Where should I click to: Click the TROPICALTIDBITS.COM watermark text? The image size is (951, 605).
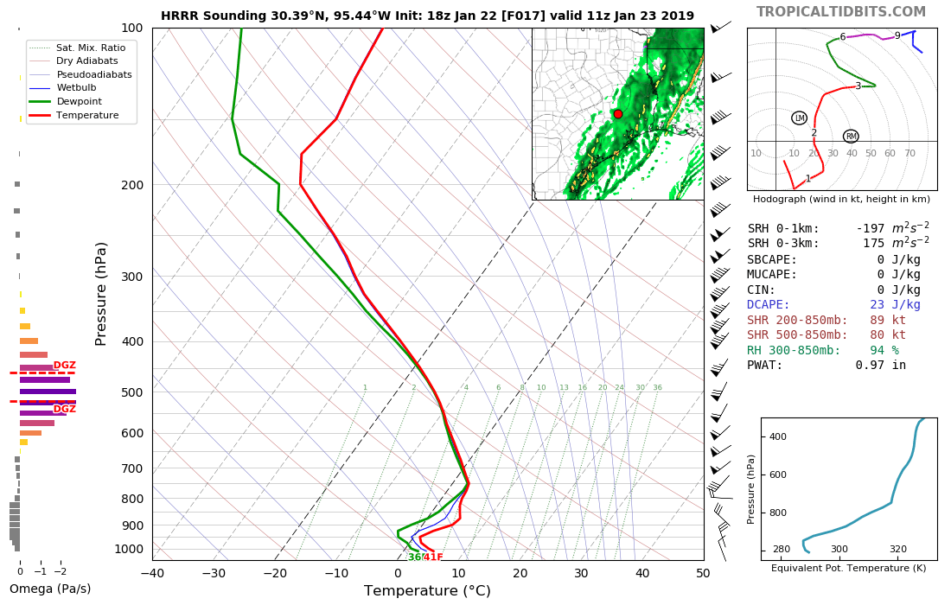click(x=840, y=11)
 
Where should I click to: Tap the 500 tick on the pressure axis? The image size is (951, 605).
click(x=131, y=392)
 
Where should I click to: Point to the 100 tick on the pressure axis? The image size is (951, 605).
click(x=131, y=29)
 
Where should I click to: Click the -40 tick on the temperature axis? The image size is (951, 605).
click(x=152, y=573)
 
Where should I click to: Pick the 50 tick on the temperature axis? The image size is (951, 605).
click(x=703, y=573)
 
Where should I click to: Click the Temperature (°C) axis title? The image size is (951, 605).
click(x=427, y=591)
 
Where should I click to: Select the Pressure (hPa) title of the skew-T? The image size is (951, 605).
click(x=102, y=294)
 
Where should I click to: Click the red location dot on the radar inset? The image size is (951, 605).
click(x=617, y=114)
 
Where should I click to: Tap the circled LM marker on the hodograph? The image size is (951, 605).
click(x=799, y=118)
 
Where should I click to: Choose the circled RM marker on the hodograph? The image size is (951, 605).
click(x=851, y=137)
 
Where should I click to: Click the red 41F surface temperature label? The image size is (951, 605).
click(x=433, y=557)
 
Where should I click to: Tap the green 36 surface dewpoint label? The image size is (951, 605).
click(x=414, y=557)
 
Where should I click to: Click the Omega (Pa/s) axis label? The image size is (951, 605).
click(x=50, y=589)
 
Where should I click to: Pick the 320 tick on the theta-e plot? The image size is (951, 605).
click(x=897, y=549)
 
